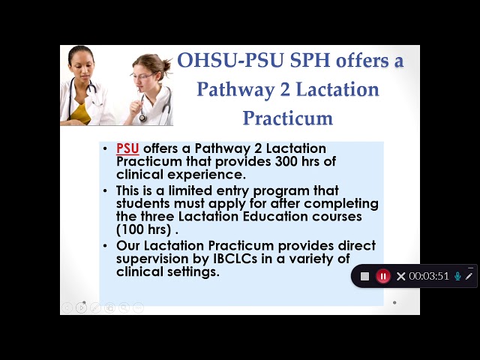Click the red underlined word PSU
[127, 148]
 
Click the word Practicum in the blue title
[288, 118]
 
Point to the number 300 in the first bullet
[286, 161]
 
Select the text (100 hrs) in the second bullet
[143, 229]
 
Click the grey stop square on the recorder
[364, 277]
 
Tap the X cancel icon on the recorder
[400, 277]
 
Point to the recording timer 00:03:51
[428, 276]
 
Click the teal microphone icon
[457, 276]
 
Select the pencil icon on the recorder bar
[469, 276]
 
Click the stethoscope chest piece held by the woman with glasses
[142, 118]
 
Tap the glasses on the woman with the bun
[143, 76]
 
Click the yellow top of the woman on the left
[80, 113]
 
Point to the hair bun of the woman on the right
[166, 65]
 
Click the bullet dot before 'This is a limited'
[105, 190]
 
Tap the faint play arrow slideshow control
[81, 307]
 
